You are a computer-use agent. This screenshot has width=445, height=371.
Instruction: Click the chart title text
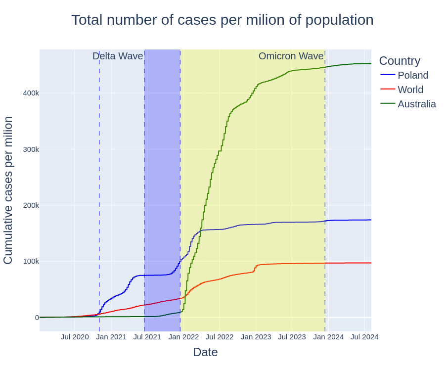(x=222, y=20)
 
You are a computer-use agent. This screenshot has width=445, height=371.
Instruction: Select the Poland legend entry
(x=412, y=75)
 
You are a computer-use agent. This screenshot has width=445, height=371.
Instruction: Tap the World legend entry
(x=410, y=90)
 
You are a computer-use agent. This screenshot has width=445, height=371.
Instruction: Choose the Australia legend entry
(x=416, y=104)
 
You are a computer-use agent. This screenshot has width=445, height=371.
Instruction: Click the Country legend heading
(x=400, y=61)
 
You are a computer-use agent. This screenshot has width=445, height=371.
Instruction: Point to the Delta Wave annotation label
(x=118, y=56)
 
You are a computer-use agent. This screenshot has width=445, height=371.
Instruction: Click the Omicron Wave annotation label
(x=291, y=56)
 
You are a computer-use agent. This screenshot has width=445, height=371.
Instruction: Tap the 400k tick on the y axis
(x=31, y=93)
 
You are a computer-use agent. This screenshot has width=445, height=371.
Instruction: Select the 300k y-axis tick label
(x=31, y=149)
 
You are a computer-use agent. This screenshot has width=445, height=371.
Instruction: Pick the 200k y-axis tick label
(x=31, y=205)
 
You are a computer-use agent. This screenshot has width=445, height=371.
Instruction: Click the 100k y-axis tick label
(x=31, y=261)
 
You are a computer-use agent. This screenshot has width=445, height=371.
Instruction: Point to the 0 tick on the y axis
(x=37, y=318)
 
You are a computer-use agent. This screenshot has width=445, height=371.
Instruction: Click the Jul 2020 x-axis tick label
(x=75, y=337)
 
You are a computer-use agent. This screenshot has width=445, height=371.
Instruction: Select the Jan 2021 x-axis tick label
(x=111, y=337)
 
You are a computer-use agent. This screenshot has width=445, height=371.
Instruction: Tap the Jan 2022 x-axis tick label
(x=183, y=337)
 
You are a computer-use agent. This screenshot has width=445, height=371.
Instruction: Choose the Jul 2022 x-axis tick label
(x=220, y=337)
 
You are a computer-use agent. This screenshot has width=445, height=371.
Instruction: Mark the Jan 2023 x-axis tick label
(x=256, y=337)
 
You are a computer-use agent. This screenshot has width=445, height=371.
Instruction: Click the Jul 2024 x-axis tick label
(x=364, y=337)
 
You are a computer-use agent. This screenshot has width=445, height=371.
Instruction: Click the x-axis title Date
(x=205, y=352)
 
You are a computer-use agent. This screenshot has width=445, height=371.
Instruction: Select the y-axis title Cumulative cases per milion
(x=8, y=190)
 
